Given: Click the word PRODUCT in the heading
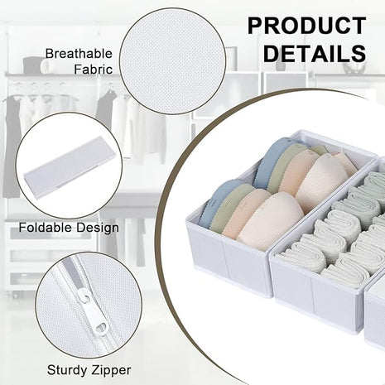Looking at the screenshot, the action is (x=307, y=26).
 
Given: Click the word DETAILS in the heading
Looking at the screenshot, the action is (x=315, y=53).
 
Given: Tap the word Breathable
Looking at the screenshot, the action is (x=79, y=54).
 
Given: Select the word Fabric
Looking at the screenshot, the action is (x=94, y=70).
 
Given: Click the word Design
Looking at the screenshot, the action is (x=98, y=229).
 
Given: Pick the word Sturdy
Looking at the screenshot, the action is (x=69, y=370).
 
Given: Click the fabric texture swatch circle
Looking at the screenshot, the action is (x=172, y=61).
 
